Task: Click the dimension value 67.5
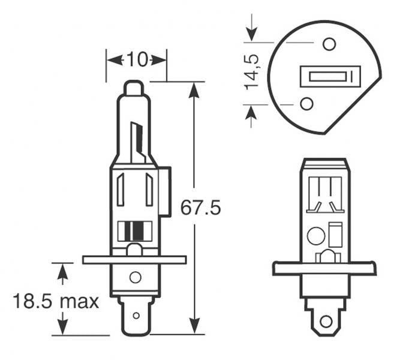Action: (200, 208)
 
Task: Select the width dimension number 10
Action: (137, 59)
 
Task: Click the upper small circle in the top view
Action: (328, 44)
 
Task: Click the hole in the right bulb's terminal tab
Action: (326, 321)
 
